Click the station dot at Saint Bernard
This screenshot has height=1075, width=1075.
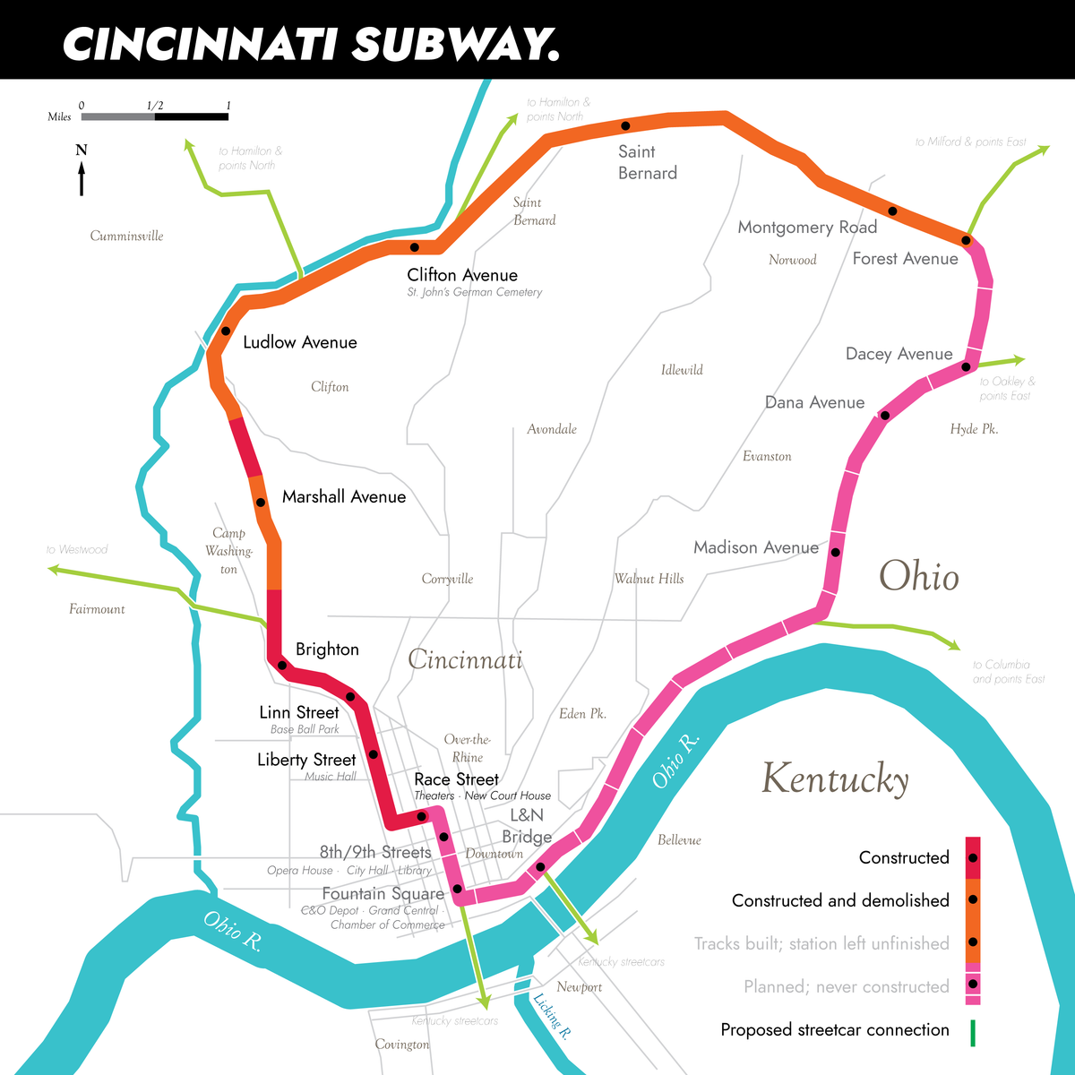(x=625, y=125)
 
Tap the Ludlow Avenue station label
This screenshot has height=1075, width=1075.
(x=299, y=342)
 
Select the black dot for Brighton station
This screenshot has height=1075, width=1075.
(x=282, y=665)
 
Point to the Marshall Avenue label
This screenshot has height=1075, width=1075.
(x=343, y=497)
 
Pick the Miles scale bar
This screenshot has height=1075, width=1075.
(x=154, y=116)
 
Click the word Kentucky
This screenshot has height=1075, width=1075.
(x=835, y=778)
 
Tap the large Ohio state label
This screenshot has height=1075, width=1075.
(x=918, y=576)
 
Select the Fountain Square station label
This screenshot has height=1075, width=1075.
(x=383, y=894)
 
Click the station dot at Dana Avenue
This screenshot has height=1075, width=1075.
(x=884, y=415)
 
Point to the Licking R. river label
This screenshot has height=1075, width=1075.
(x=551, y=1016)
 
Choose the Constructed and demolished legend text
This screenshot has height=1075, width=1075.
(x=839, y=900)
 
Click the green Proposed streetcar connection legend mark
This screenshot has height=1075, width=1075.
(x=973, y=1032)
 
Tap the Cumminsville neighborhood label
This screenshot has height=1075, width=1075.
(x=126, y=236)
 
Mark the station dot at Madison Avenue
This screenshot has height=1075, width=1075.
(x=835, y=552)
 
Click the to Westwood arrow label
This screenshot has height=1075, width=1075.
(x=77, y=549)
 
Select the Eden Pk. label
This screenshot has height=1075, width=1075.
(x=582, y=714)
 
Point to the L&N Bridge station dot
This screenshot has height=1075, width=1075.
(x=540, y=866)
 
